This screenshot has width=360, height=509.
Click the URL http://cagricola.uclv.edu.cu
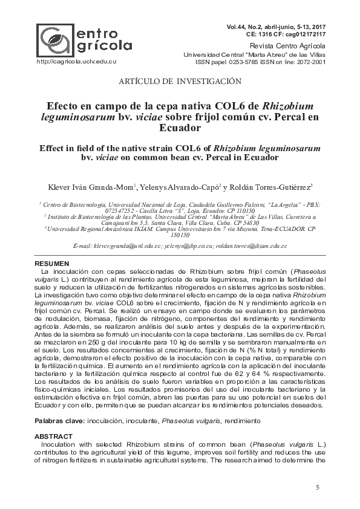[x=76, y=61]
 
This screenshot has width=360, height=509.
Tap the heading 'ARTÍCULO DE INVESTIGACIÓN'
[x=181, y=80]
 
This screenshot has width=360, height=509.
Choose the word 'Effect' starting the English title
[x=53, y=148]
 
